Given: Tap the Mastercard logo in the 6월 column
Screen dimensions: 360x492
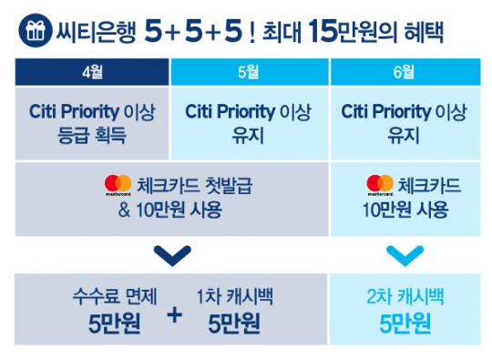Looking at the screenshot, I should coord(379,186).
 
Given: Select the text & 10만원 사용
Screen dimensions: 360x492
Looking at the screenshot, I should coord(169,209).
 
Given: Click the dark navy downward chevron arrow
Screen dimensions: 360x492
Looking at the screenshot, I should coord(169,252).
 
